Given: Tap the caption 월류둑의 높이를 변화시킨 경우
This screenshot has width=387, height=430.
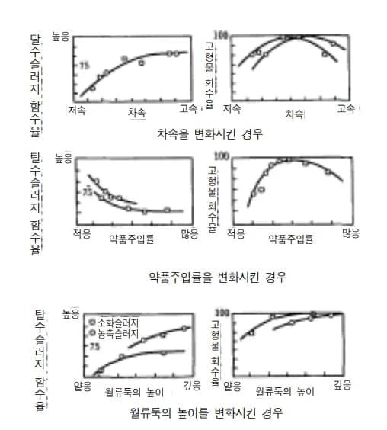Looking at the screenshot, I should tap(206, 414).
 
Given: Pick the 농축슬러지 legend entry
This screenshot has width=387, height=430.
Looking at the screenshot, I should tap(114, 333).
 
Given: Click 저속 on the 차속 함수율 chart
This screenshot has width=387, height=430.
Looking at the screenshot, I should tap(77, 110).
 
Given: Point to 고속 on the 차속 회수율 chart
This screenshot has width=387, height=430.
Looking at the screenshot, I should tap(347, 110).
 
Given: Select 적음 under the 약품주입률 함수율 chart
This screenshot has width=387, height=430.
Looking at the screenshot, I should tap(82, 233).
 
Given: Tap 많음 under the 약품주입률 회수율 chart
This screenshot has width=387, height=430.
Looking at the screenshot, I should tap(350, 233).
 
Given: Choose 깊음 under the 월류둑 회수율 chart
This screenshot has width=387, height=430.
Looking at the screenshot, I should tap(343, 387).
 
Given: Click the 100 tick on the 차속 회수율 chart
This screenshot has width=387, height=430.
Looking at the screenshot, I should tap(222, 37).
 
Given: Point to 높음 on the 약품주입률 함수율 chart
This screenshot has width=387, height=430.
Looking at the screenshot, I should tap(63, 159).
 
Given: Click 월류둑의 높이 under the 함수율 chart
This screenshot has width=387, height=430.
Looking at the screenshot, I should tap(135, 392).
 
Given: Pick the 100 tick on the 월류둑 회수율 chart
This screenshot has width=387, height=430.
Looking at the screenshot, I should tap(222, 313).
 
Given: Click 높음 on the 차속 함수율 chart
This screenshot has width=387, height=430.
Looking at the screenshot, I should tap(60, 36).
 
